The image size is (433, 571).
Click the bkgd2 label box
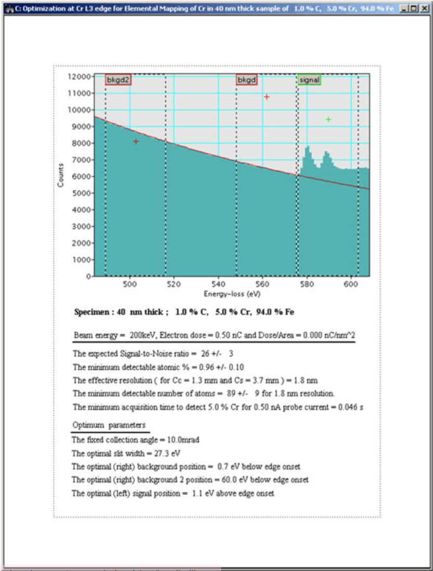(x=118, y=80)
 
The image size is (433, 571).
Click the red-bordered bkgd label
(x=247, y=80)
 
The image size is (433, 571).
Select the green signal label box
(x=309, y=80)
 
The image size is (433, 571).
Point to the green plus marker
(x=328, y=119)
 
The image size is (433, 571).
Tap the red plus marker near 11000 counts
(x=266, y=97)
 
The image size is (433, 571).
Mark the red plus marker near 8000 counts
(x=136, y=141)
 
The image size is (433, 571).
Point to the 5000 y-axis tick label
(x=81, y=193)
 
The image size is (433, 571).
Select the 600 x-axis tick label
(x=351, y=284)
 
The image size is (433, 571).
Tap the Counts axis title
(x=61, y=175)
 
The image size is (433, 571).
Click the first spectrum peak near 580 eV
(x=307, y=148)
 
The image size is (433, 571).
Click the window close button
(x=424, y=9)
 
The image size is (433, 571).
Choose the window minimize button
(x=404, y=9)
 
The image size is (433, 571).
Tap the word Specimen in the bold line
(x=91, y=312)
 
